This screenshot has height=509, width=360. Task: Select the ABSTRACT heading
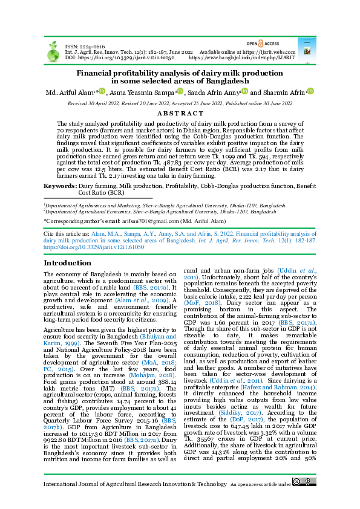pos(180,113)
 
